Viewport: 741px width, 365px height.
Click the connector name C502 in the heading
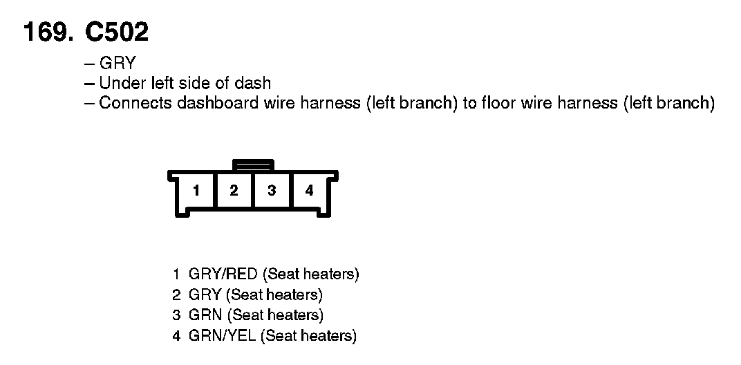(116, 32)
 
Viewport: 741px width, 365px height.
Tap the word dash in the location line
(254, 84)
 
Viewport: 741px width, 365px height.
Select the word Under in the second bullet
(119, 84)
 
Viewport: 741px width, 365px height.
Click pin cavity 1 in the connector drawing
(196, 191)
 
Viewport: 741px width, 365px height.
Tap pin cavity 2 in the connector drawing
(234, 191)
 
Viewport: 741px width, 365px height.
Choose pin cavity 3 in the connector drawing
(272, 191)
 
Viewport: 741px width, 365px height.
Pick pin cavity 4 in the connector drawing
(309, 191)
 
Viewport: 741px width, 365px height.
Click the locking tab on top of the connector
(253, 165)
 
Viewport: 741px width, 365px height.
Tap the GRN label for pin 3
(205, 316)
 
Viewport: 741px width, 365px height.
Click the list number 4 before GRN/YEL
(176, 337)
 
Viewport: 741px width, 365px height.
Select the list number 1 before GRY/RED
(176, 274)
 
